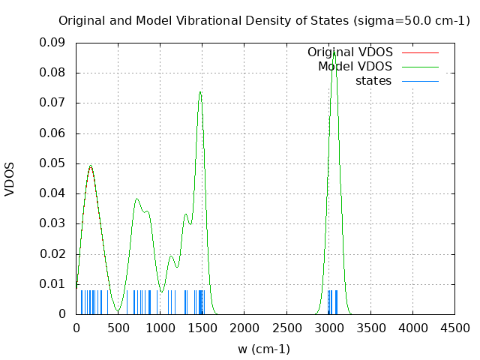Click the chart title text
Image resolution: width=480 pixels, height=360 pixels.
pyautogui.click(x=264, y=20)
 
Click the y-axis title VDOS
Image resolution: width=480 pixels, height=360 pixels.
pyautogui.click(x=10, y=178)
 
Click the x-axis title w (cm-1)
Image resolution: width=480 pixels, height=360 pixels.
pyautogui.click(x=264, y=349)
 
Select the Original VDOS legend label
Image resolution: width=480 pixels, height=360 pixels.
pyautogui.click(x=349, y=52)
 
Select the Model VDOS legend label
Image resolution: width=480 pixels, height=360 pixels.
pyautogui.click(x=355, y=66)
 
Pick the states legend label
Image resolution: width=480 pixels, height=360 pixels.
pyautogui.click(x=373, y=80)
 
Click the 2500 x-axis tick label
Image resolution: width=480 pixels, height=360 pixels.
pyautogui.click(x=286, y=328)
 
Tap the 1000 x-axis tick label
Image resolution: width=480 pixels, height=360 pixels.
pyautogui.click(x=160, y=328)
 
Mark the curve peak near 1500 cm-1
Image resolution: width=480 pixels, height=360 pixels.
pyautogui.click(x=200, y=91)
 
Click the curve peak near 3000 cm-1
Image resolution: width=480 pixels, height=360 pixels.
pyautogui.click(x=334, y=51)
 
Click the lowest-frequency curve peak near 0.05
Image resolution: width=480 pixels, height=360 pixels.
pyautogui.click(x=91, y=166)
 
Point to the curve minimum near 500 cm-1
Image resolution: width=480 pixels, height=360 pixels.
pyautogui.click(x=118, y=310)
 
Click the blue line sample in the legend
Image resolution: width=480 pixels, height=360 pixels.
pyautogui.click(x=420, y=81)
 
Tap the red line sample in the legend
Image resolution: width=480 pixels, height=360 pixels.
pyautogui.click(x=420, y=52)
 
